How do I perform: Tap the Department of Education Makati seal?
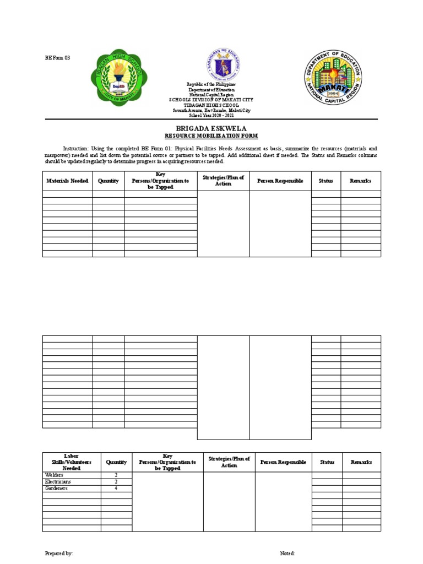[332, 77]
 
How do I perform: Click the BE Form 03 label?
[57, 58]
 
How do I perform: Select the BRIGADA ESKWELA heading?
[211, 128]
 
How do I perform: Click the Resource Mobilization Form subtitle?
[211, 135]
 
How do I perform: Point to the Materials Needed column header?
[67, 181]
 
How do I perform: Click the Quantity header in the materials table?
[108, 181]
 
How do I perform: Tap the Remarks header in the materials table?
[360, 181]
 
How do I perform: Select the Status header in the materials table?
[326, 181]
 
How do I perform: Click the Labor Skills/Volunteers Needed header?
[72, 462]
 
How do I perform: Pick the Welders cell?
[55, 475]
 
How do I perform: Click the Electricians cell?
[58, 481]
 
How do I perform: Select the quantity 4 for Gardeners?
[116, 488]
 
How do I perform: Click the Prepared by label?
[59, 554]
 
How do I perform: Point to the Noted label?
[287, 554]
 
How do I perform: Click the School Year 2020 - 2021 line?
[211, 116]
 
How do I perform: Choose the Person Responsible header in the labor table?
[283, 462]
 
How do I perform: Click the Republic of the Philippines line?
[211, 84]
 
